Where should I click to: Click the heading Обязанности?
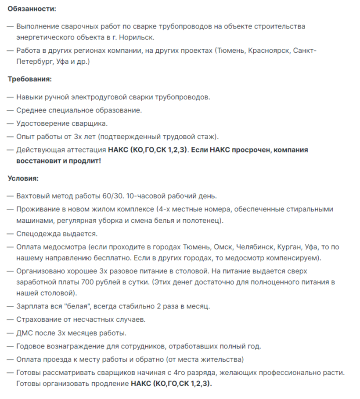tap(32, 9)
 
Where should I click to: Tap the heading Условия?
tap(24, 178)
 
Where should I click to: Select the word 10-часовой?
tap(144, 196)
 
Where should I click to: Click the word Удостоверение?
tap(43, 123)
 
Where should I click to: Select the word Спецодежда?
tap(37, 234)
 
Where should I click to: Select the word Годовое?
tap(30, 346)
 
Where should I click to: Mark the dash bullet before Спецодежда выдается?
tap(10, 234)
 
